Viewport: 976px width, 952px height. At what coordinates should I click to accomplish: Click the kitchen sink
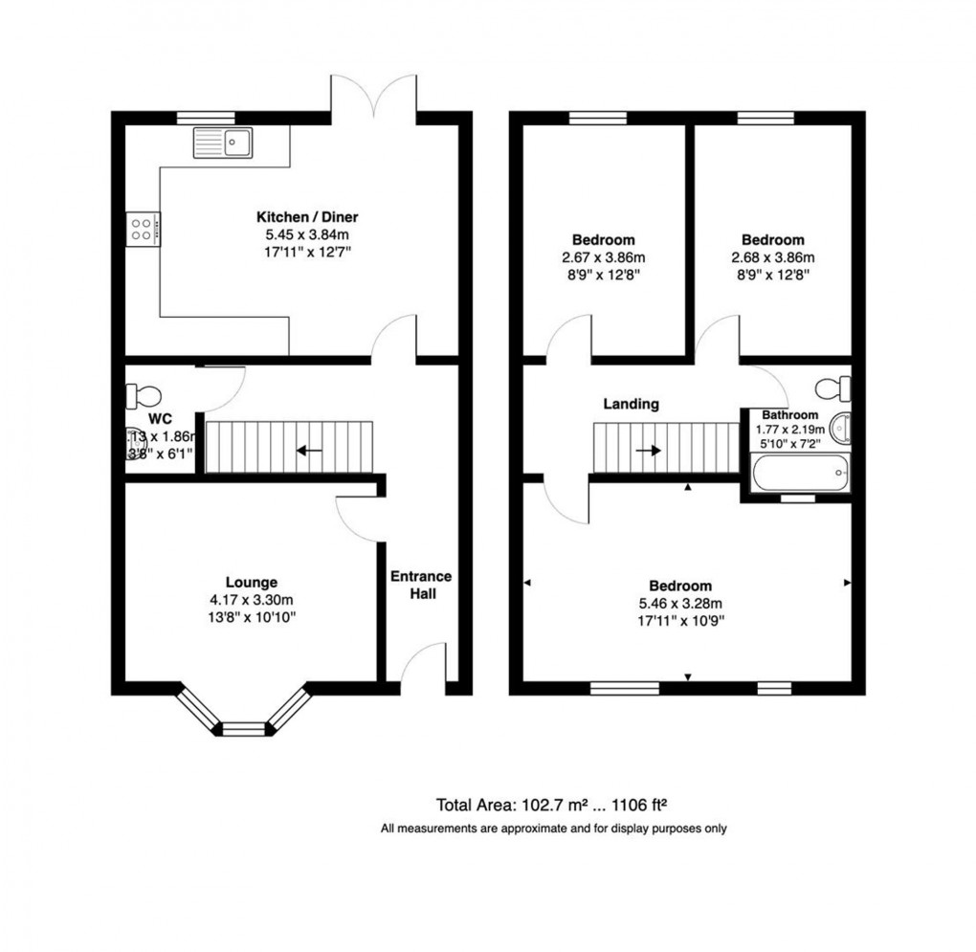tap(222, 144)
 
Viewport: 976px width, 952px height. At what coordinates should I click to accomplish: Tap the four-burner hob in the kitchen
tap(142, 229)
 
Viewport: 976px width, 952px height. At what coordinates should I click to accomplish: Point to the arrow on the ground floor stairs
tap(308, 450)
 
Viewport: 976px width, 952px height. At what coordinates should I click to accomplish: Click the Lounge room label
tap(252, 582)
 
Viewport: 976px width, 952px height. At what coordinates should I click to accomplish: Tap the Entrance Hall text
tap(420, 586)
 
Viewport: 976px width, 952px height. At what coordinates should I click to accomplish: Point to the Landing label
tap(631, 405)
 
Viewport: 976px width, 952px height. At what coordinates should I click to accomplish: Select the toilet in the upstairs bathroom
tap(832, 387)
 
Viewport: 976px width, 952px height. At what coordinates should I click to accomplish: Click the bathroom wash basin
tap(839, 428)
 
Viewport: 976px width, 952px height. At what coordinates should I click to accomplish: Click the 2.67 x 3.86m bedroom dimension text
tap(604, 257)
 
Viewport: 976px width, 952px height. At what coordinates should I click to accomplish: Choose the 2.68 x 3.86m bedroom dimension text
tap(773, 257)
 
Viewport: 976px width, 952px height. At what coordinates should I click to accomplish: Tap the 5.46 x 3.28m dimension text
tap(680, 604)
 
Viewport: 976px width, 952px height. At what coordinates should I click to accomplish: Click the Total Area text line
tap(558, 804)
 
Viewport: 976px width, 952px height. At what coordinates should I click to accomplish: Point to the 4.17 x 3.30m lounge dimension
tap(252, 600)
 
